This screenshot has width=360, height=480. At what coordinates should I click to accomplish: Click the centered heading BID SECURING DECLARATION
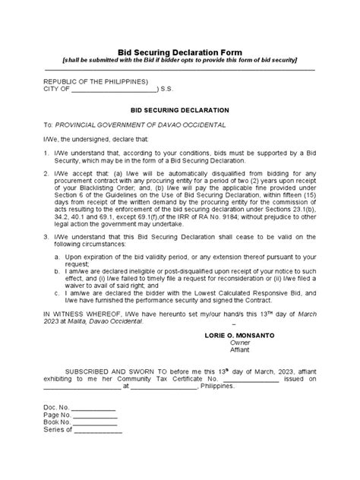[x=179, y=109]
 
